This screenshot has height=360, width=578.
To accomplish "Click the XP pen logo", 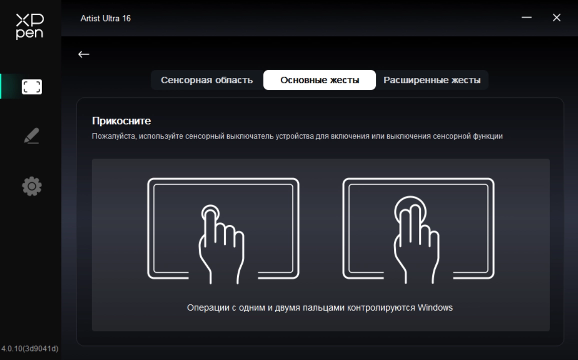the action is [x=30, y=26].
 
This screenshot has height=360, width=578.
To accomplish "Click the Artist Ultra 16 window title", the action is [x=106, y=18].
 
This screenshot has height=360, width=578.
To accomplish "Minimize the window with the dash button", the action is [x=526, y=17].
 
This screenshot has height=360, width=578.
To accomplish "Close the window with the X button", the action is [x=556, y=17].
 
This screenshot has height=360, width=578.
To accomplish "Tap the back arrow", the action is [x=84, y=54].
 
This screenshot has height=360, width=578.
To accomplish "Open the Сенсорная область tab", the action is [x=207, y=80].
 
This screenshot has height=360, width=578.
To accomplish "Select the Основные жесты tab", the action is [x=320, y=80].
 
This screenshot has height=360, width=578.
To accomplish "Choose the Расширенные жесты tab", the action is [x=432, y=80].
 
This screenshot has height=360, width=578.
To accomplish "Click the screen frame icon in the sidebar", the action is [x=32, y=87].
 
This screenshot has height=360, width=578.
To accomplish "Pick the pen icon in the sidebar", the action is [x=32, y=135].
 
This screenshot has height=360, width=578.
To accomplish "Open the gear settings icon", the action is [x=32, y=186].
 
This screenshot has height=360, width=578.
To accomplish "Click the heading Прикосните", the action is [x=121, y=121].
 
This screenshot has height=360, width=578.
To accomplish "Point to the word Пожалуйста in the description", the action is [x=114, y=136].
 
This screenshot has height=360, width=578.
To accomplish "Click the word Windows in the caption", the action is [x=435, y=307].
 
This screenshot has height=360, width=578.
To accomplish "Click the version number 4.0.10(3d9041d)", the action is [x=30, y=348].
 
